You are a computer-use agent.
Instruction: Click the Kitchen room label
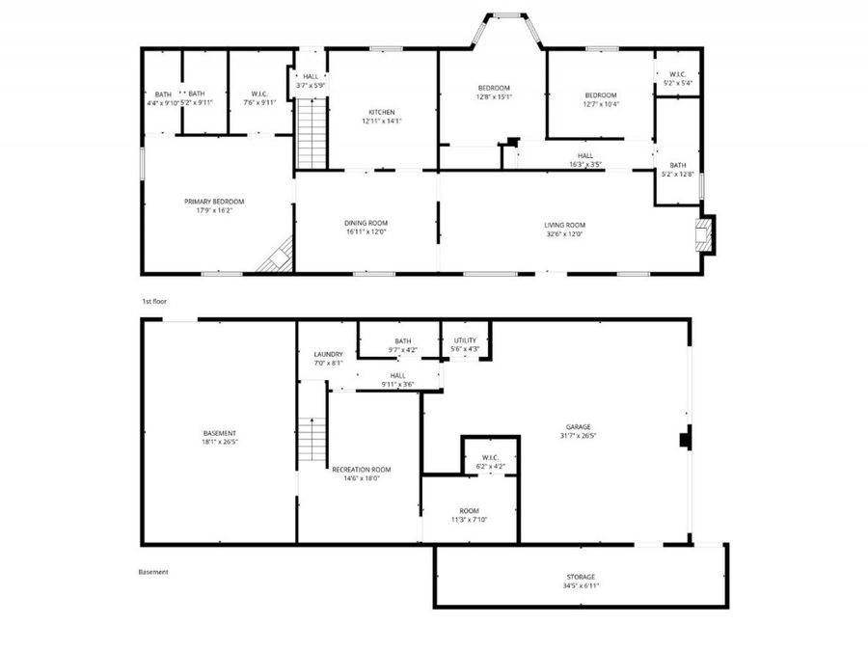tap(382, 113)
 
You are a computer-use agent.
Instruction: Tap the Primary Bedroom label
tap(214, 202)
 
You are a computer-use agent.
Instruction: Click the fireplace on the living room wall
tap(709, 234)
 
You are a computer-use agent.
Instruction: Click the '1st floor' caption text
tap(154, 301)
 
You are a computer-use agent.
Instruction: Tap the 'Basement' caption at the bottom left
tap(153, 572)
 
